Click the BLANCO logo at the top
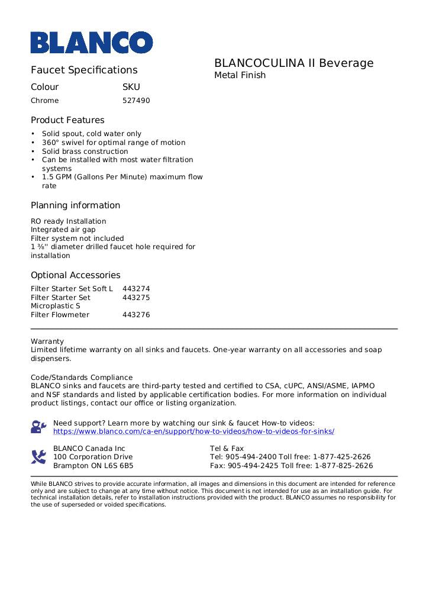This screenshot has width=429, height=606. point(92,43)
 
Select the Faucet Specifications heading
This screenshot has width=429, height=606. point(84,70)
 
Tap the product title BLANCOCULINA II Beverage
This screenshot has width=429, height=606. point(293,63)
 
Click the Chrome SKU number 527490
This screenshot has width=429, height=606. point(136,101)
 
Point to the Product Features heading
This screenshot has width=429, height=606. point(67,120)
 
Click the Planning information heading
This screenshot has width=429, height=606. point(75,205)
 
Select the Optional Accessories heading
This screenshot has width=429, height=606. point(75,275)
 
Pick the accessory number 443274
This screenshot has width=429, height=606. point(136,289)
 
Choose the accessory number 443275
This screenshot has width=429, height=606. point(136,298)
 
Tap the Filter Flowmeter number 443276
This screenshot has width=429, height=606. point(136,315)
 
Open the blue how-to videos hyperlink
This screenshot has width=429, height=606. point(193,431)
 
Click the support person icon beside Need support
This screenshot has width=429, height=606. point(38,427)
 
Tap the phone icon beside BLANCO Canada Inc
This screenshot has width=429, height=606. point(38,457)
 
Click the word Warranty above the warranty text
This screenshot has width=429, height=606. point(47,341)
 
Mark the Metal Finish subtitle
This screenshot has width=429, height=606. point(240,75)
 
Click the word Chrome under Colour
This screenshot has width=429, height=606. point(45,101)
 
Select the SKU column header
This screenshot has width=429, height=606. point(131,87)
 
